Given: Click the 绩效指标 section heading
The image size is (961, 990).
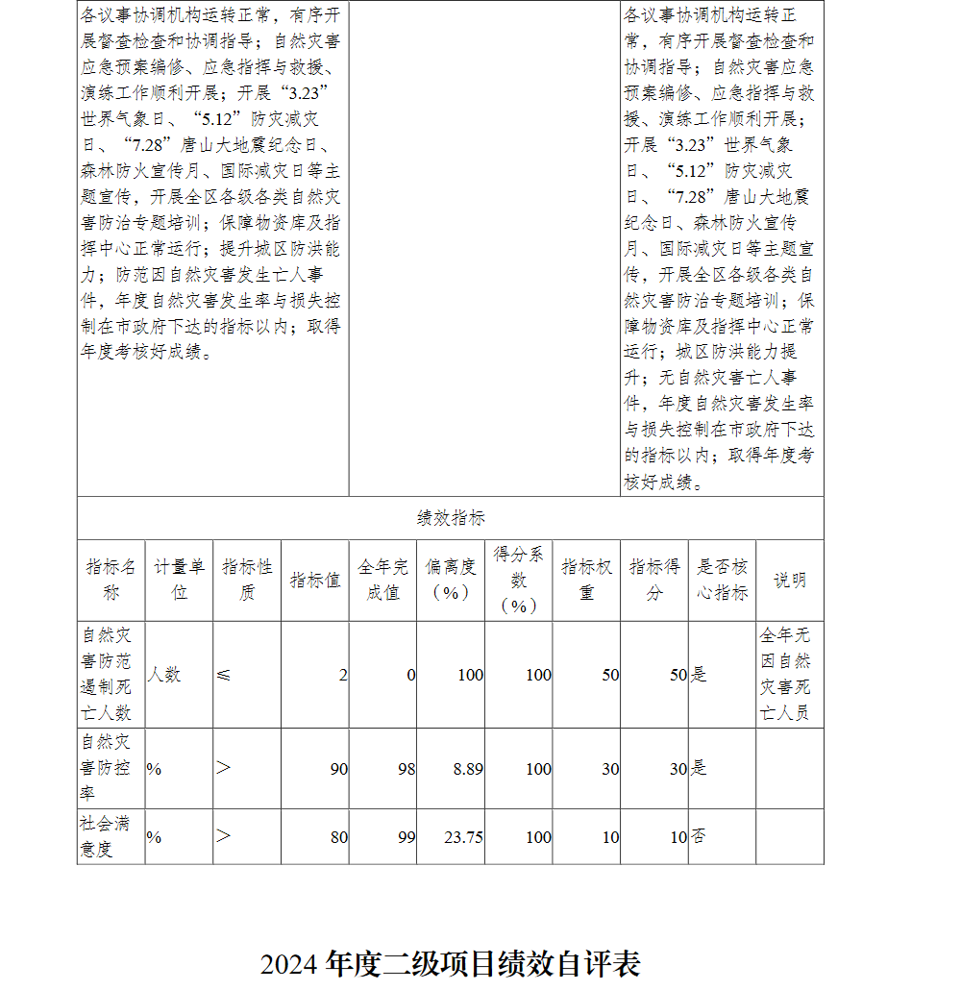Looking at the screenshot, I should click(450, 518).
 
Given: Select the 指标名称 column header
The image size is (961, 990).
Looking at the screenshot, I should click(111, 580).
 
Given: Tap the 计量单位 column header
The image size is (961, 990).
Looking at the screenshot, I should click(179, 580).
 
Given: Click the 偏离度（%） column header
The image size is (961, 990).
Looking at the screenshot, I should click(450, 580).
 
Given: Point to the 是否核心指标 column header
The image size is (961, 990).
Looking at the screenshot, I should click(722, 580).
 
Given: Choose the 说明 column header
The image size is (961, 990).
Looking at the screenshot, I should click(789, 580).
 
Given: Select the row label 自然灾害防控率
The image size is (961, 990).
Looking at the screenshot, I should click(107, 768).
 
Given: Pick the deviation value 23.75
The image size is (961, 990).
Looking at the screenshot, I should click(463, 837).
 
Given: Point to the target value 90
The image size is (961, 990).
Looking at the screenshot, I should click(338, 769).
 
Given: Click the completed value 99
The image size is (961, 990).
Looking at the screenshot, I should click(407, 837).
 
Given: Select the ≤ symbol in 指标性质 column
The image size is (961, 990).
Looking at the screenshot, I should click(223, 675).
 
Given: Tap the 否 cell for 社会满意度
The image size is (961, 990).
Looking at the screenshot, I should click(699, 837).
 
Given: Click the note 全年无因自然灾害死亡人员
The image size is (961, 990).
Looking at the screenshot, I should click(785, 674).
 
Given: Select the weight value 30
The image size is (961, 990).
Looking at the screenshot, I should click(610, 769).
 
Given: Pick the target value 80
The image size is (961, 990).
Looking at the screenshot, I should click(338, 837).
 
